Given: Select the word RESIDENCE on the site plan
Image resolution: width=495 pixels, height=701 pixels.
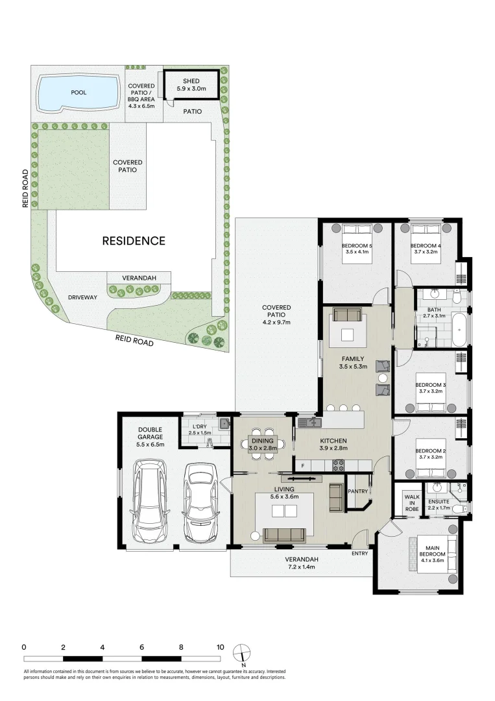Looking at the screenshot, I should coord(134,241).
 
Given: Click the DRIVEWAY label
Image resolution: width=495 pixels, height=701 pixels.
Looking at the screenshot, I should coord(82,297).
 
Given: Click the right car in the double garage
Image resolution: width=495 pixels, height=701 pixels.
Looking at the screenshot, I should coord(199,502).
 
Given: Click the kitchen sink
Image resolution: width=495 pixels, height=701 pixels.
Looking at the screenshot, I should coord(310,423).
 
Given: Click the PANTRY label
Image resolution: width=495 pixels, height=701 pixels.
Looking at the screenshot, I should coord(357,491).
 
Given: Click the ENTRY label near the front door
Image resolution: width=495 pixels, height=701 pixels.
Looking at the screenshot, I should coord(359,553).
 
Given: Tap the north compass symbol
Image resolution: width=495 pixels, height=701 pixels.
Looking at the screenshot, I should coord(243,652).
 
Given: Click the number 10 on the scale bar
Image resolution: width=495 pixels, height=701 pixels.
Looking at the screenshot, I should coord(221,647).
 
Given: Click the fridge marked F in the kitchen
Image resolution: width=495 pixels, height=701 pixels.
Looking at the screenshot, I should coord(302,465).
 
